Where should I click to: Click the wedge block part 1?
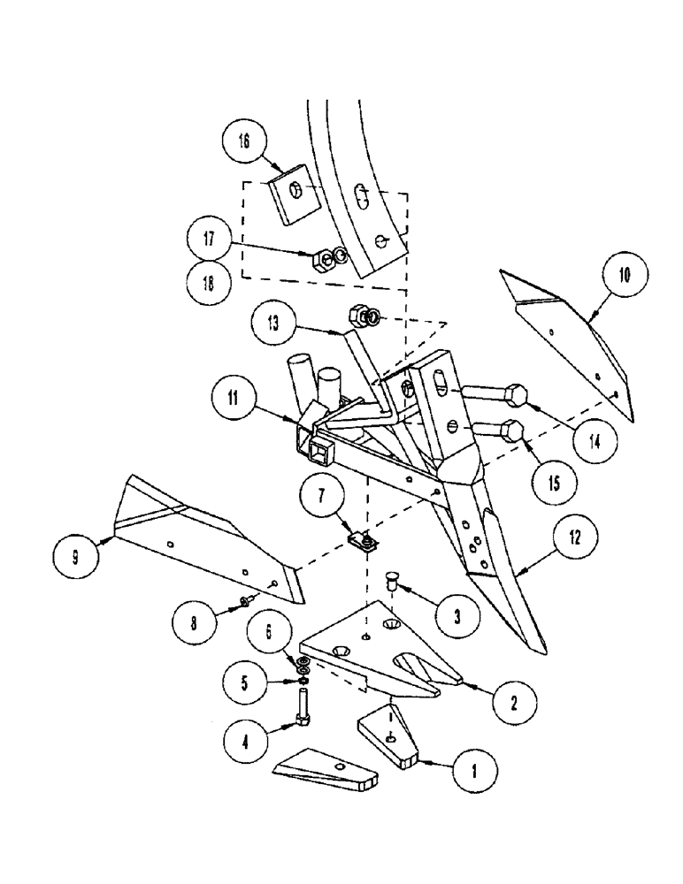tap(390, 734)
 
